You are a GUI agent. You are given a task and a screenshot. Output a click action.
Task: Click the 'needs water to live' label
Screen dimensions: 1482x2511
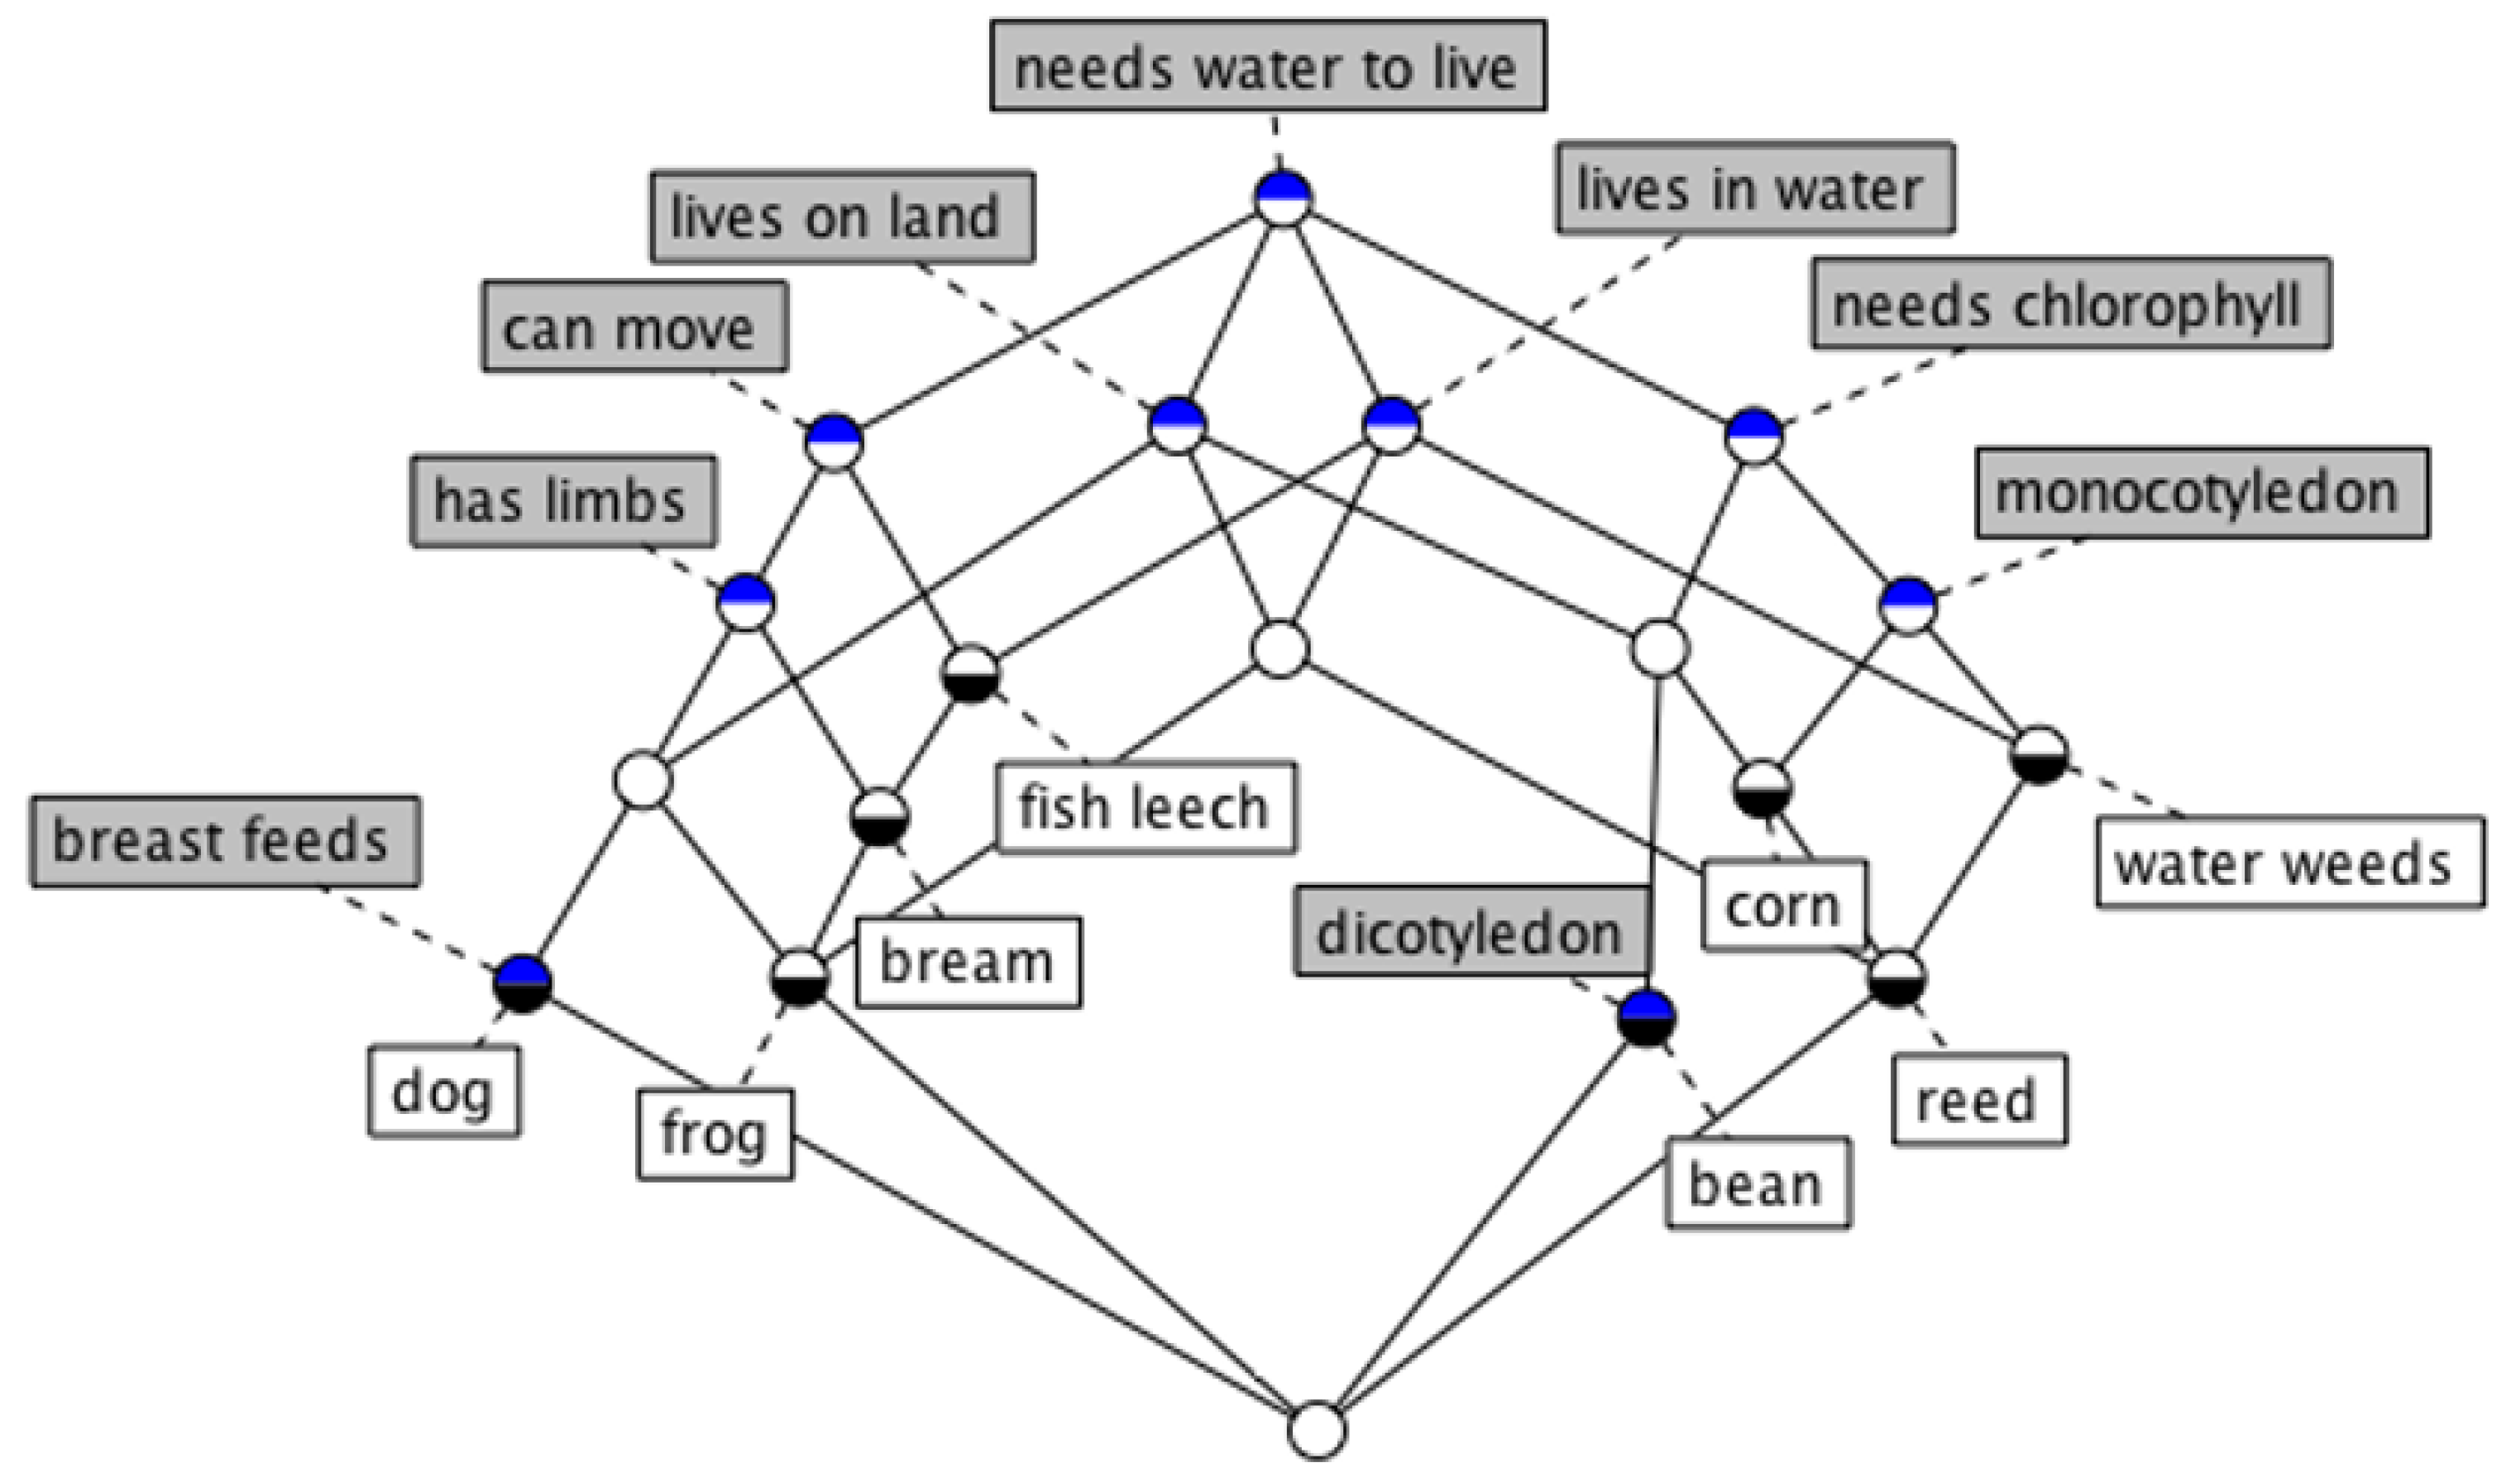click(1267, 67)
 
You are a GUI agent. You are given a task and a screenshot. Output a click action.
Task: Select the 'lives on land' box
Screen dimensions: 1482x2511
click(842, 216)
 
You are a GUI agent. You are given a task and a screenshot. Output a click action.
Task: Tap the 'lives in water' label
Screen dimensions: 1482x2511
click(1754, 189)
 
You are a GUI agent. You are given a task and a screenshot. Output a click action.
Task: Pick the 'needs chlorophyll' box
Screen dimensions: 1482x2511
click(2071, 304)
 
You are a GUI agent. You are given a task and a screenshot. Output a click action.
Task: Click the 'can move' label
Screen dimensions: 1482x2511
click(635, 327)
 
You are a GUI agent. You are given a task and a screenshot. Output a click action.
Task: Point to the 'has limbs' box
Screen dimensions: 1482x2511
click(563, 500)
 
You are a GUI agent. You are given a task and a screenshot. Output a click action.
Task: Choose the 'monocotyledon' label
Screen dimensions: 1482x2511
click(2202, 492)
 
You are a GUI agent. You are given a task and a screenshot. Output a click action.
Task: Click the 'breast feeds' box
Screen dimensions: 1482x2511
click(225, 840)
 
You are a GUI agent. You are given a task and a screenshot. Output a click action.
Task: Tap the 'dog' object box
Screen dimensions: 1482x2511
click(444, 1091)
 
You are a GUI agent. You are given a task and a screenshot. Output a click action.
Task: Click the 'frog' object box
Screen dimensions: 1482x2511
click(715, 1135)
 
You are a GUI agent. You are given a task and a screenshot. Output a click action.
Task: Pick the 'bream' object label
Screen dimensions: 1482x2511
click(968, 962)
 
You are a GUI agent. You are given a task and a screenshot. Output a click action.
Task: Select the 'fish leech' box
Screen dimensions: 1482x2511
click(1145, 807)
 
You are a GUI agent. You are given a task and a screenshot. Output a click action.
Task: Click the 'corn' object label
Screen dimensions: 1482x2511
click(1783, 905)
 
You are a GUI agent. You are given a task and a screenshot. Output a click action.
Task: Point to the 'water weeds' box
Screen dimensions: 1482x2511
click(2289, 862)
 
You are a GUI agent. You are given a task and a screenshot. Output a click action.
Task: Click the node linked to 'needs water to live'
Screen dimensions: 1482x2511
click(1282, 198)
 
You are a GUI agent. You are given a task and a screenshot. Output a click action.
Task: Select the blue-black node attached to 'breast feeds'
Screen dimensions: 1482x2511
click(522, 982)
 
